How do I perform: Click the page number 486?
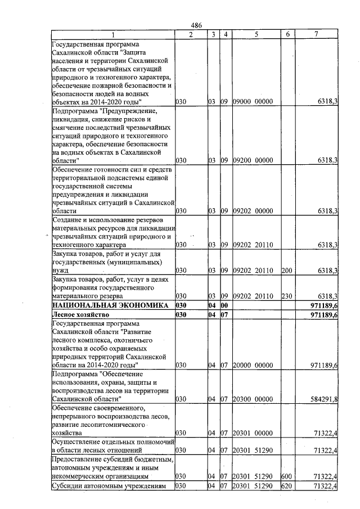pos(196,26)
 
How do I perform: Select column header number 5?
pos(255,35)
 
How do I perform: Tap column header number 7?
pos(316,35)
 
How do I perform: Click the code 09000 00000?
pos(253,102)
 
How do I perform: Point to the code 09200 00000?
pos(253,160)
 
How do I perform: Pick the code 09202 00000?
pos(253,211)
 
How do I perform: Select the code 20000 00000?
pos(253,366)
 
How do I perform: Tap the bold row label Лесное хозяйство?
pos(80,315)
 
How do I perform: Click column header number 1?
pos(112,35)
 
